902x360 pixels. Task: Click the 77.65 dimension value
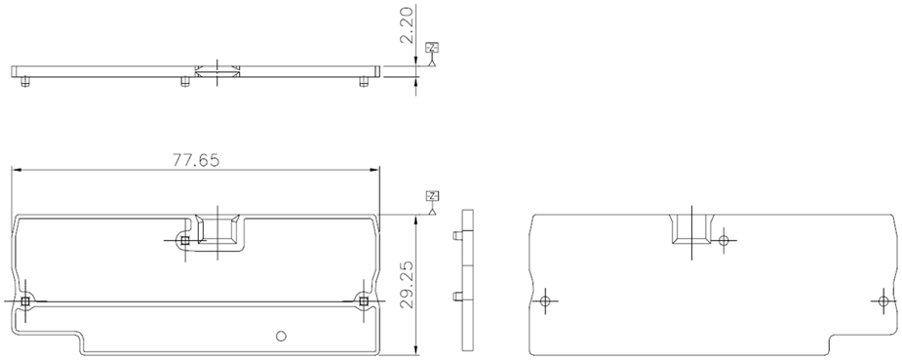[196, 160]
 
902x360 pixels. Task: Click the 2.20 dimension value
[408, 26]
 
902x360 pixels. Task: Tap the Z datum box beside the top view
[432, 48]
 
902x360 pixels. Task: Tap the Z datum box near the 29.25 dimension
[432, 196]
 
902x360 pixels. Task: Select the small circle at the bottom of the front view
[281, 336]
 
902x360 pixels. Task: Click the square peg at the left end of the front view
[24, 300]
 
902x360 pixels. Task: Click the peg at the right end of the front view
[364, 300]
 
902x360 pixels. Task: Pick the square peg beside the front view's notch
[184, 241]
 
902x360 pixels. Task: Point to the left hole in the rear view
[546, 300]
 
